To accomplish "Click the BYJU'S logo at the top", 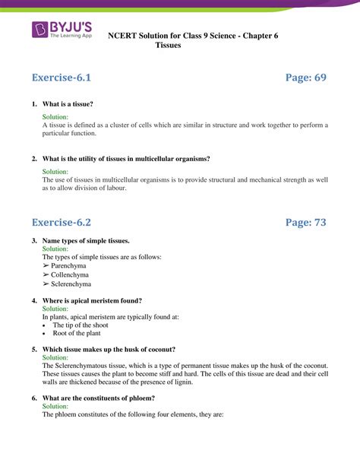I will pyautogui.click(x=63, y=31).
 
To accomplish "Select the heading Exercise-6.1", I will pyautogui.click(x=66, y=78).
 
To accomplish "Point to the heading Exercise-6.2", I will pyautogui.click(x=66, y=222).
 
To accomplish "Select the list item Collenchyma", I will pyautogui.click(x=68, y=275).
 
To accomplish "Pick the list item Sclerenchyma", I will pyautogui.click(x=71, y=284).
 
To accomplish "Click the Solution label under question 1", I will pyautogui.click(x=55, y=117).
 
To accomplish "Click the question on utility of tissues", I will pyautogui.click(x=126, y=158).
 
